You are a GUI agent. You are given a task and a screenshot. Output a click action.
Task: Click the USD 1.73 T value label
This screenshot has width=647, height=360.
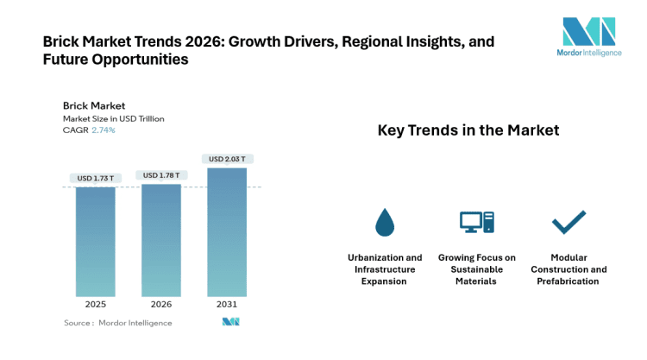(95, 179)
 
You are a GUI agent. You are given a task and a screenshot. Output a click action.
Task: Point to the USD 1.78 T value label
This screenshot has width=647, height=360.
(161, 175)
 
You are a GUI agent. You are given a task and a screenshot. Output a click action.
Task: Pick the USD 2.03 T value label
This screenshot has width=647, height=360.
(227, 159)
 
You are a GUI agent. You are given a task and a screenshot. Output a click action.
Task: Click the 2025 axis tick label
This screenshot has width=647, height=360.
(95, 304)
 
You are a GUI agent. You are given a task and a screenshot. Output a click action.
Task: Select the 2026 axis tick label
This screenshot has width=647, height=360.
(161, 304)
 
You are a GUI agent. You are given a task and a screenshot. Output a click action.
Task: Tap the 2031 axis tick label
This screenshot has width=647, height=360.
(227, 304)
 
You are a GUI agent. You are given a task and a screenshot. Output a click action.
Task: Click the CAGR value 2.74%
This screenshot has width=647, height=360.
(103, 130)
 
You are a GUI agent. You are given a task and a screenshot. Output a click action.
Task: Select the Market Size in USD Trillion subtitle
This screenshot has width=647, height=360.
(113, 118)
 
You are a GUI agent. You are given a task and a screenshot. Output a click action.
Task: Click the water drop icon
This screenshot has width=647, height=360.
(385, 223)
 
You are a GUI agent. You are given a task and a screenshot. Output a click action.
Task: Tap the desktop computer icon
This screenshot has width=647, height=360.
(476, 223)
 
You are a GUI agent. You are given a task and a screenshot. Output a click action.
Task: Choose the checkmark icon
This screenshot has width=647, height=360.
(568, 223)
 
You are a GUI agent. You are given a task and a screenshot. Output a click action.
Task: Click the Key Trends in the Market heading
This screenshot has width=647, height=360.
(468, 130)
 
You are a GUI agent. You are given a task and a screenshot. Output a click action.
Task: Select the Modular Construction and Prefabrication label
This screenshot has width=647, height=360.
(568, 269)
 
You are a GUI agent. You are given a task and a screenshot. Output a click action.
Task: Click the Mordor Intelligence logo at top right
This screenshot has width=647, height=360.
(588, 40)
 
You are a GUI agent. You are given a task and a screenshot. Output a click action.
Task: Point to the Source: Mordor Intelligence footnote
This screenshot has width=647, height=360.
(117, 323)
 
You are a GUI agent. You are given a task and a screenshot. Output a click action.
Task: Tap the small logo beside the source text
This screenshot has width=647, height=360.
(230, 322)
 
